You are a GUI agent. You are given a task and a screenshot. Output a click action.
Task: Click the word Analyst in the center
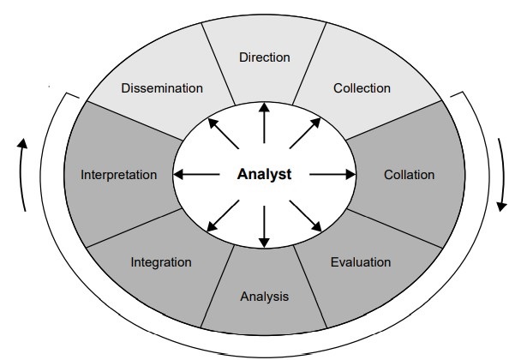pyautogui.click(x=264, y=175)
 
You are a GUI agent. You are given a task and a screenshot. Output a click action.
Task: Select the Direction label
pyautogui.click(x=264, y=57)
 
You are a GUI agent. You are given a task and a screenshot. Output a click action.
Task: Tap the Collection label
pyautogui.click(x=361, y=87)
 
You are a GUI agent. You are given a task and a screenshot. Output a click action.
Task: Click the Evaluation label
pyautogui.click(x=360, y=261)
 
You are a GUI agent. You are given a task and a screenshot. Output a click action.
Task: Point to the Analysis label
pyautogui.click(x=264, y=297)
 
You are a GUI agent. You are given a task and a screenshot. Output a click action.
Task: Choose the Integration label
pyautogui.click(x=161, y=261)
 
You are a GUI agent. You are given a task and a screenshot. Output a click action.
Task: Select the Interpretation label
pyautogui.click(x=119, y=175)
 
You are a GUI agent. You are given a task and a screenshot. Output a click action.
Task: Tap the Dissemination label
pyautogui.click(x=162, y=87)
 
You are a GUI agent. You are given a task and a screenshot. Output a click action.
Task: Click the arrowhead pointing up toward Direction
pyautogui.click(x=264, y=106)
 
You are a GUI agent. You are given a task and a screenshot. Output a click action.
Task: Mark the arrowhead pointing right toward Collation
pyautogui.click(x=350, y=175)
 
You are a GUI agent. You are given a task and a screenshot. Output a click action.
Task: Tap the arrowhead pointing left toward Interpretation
pyautogui.click(x=177, y=175)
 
